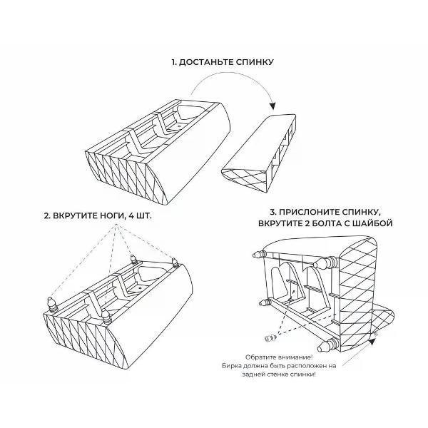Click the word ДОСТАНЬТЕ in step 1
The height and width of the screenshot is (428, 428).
pos(206,62)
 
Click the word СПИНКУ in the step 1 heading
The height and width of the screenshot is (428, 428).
pos(255,62)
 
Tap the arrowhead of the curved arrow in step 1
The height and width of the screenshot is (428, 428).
pos(272,106)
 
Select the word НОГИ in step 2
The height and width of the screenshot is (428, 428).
pos(111,216)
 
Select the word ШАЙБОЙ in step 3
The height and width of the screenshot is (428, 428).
pos(373,223)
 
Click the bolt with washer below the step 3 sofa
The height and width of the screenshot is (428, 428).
pos(270,338)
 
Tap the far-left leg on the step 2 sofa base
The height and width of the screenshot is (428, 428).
pos(52,304)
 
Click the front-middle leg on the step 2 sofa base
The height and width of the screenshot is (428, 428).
pos(106,315)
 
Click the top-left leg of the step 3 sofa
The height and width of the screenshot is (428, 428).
pos(259,254)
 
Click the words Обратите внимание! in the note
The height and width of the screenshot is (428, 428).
pos(279,357)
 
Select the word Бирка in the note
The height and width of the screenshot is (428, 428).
pos(231,365)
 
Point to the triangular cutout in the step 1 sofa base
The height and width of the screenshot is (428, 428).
pos(190,112)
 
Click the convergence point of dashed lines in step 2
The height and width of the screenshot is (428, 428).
pos(116,225)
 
